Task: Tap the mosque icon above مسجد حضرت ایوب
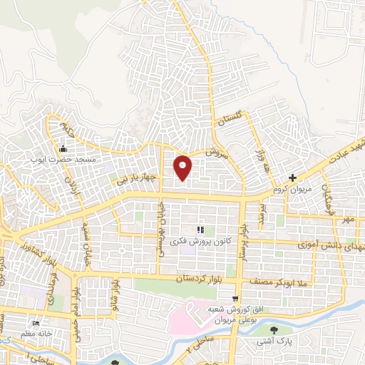[x=63, y=149]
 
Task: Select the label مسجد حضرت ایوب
[x=63, y=160]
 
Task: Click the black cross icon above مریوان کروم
[x=292, y=178]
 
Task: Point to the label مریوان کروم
[x=292, y=190]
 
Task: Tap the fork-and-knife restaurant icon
[x=200, y=230]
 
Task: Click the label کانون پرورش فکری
[x=194, y=242]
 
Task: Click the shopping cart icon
[x=235, y=297]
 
